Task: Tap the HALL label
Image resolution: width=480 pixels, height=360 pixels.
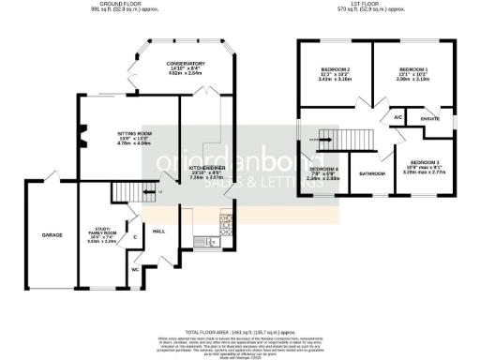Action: [x=159, y=230]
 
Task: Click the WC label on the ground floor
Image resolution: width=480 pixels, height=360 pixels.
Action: [x=136, y=270]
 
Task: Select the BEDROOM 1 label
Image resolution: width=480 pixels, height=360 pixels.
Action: [x=412, y=70]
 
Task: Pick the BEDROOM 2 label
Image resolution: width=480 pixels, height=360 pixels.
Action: [x=335, y=70]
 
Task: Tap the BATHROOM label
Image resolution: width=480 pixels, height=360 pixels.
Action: [x=372, y=173]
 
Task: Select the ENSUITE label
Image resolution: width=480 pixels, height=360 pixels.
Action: [x=430, y=119]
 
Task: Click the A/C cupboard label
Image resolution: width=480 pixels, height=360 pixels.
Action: [x=397, y=118]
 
